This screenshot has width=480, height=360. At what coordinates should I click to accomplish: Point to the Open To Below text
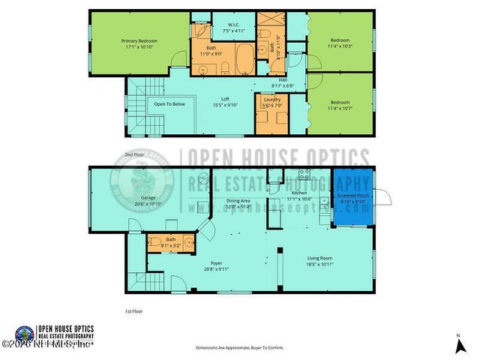point(169,104)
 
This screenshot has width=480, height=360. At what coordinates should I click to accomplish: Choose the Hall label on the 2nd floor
point(283,79)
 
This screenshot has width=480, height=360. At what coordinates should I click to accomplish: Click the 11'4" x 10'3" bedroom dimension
point(340,44)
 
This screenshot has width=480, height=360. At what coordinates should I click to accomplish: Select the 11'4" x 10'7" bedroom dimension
point(340,108)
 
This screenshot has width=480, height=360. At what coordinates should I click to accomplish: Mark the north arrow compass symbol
point(458,344)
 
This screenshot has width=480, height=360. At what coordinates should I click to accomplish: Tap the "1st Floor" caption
point(133,310)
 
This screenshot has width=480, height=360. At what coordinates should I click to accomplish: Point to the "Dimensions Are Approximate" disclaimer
point(239,348)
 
